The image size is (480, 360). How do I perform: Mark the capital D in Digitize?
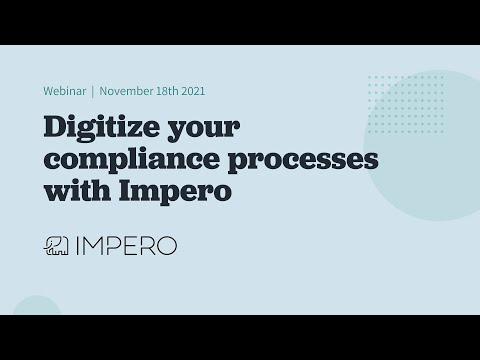[54, 128]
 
